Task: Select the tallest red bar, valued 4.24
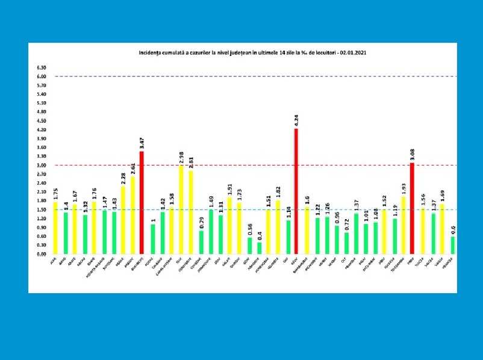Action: pyautogui.click(x=296, y=191)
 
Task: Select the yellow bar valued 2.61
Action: pyautogui.click(x=132, y=215)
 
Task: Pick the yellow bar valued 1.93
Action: pyautogui.click(x=402, y=225)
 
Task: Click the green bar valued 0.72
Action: pyautogui.click(x=345, y=243)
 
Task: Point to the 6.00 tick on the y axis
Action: pyautogui.click(x=41, y=76)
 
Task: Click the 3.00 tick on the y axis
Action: pyautogui.click(x=41, y=165)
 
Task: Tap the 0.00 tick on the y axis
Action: pyautogui.click(x=41, y=254)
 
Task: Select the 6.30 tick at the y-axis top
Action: pyautogui.click(x=41, y=67)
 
